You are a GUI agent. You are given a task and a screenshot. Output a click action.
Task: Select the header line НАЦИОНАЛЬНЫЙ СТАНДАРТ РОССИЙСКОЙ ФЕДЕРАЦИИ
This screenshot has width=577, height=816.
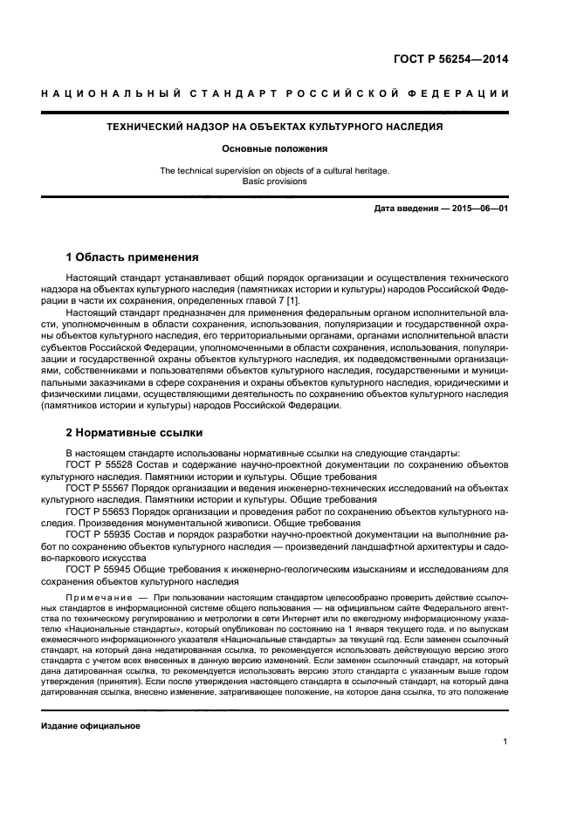coord(275,95)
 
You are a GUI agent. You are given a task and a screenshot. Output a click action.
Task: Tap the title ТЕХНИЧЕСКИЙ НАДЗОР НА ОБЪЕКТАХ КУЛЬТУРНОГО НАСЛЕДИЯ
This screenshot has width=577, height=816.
coord(274,127)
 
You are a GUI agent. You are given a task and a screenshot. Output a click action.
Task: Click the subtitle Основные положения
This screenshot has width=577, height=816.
coord(275,149)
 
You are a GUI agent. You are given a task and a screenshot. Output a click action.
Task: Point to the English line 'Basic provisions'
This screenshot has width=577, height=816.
coord(275,182)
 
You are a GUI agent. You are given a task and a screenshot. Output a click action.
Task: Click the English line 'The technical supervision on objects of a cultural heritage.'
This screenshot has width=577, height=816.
coord(275,171)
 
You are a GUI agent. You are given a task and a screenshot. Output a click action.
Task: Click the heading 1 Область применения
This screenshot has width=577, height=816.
coord(132,257)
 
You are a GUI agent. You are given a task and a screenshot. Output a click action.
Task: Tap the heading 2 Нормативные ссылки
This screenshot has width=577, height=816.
coord(134,432)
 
